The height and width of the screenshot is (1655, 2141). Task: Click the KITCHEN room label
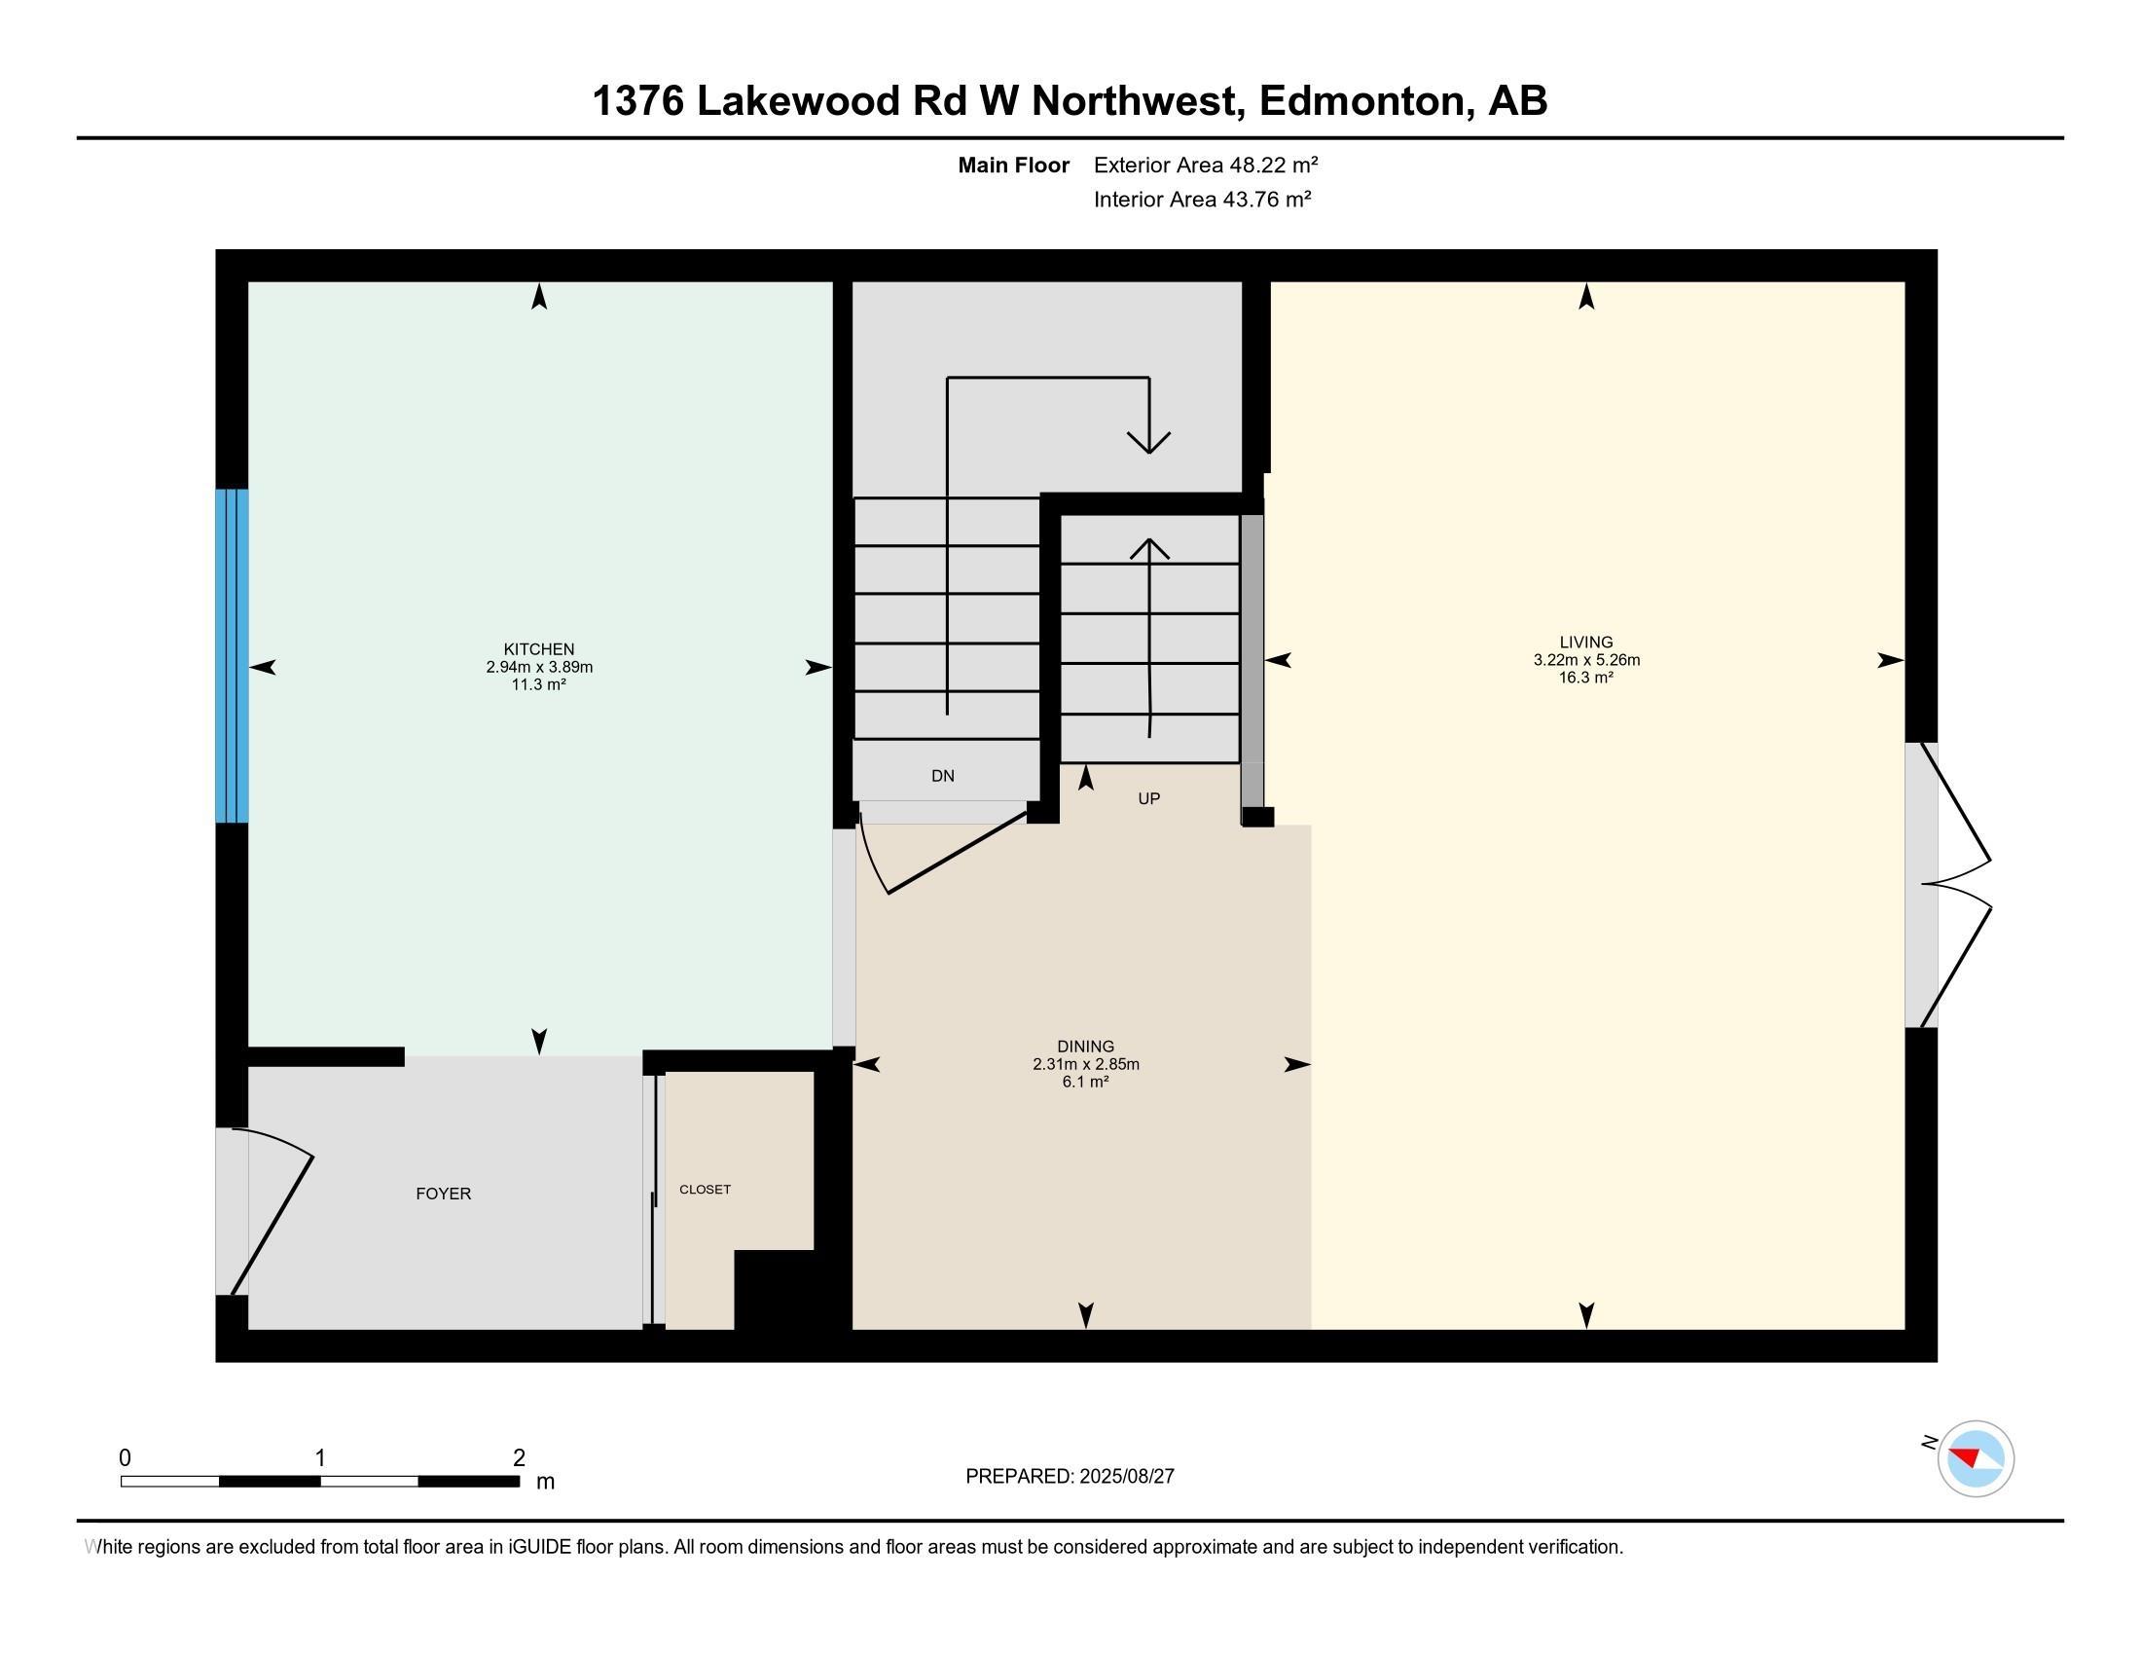tap(538, 649)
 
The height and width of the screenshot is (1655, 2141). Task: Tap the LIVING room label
tap(1586, 643)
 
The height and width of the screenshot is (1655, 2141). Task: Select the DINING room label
tap(1085, 1047)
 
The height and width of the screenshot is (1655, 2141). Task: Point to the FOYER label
tap(443, 1194)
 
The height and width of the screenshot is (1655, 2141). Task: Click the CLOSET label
tap(705, 1190)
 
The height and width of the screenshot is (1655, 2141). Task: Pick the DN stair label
tap(942, 776)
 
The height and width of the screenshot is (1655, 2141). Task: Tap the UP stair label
tap(1149, 798)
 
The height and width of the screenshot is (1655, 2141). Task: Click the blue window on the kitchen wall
tap(233, 655)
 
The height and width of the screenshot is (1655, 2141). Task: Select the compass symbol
tap(1975, 1458)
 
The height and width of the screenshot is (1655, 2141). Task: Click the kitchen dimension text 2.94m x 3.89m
tap(539, 667)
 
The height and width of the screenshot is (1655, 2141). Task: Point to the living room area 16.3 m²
tap(1586, 678)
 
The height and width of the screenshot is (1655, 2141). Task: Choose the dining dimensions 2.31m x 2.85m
tap(1085, 1064)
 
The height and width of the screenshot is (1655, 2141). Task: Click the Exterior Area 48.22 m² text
tap(1206, 165)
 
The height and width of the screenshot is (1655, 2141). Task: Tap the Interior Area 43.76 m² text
tap(1203, 199)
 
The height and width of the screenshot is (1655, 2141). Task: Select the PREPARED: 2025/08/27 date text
tap(1070, 1476)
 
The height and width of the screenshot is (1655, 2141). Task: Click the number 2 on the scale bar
tap(519, 1457)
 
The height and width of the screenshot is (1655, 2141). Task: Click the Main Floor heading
tap(1014, 165)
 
